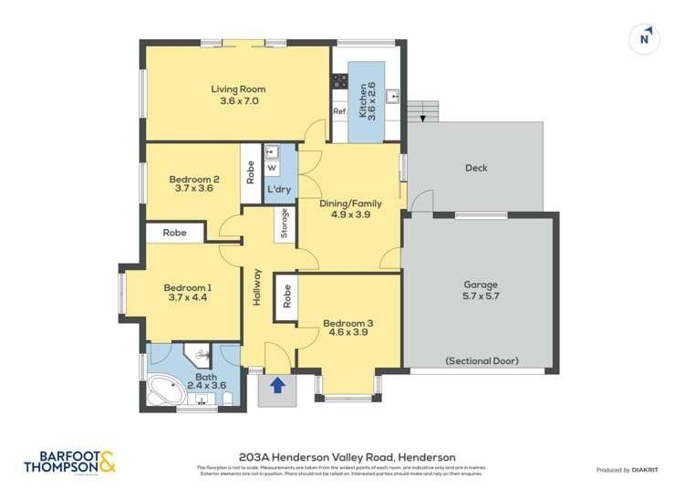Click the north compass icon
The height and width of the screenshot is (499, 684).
pyautogui.click(x=645, y=37)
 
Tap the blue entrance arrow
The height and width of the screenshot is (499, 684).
pyautogui.click(x=277, y=388)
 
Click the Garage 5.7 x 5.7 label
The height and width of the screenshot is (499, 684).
pyautogui.click(x=481, y=290)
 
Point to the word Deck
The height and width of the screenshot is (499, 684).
pyautogui.click(x=475, y=168)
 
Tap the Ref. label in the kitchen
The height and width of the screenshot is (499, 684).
pyautogui.click(x=339, y=111)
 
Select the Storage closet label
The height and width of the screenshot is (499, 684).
pyautogui.click(x=285, y=224)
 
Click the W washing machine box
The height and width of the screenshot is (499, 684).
pyautogui.click(x=272, y=168)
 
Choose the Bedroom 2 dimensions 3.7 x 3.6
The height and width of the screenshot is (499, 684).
pyautogui.click(x=194, y=189)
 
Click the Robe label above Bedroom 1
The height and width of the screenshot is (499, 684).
pyautogui.click(x=175, y=233)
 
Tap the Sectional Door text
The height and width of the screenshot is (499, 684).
pyautogui.click(x=482, y=361)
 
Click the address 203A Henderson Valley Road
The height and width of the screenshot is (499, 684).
pyautogui.click(x=347, y=457)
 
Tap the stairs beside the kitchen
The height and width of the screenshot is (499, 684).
pyautogui.click(x=421, y=111)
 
